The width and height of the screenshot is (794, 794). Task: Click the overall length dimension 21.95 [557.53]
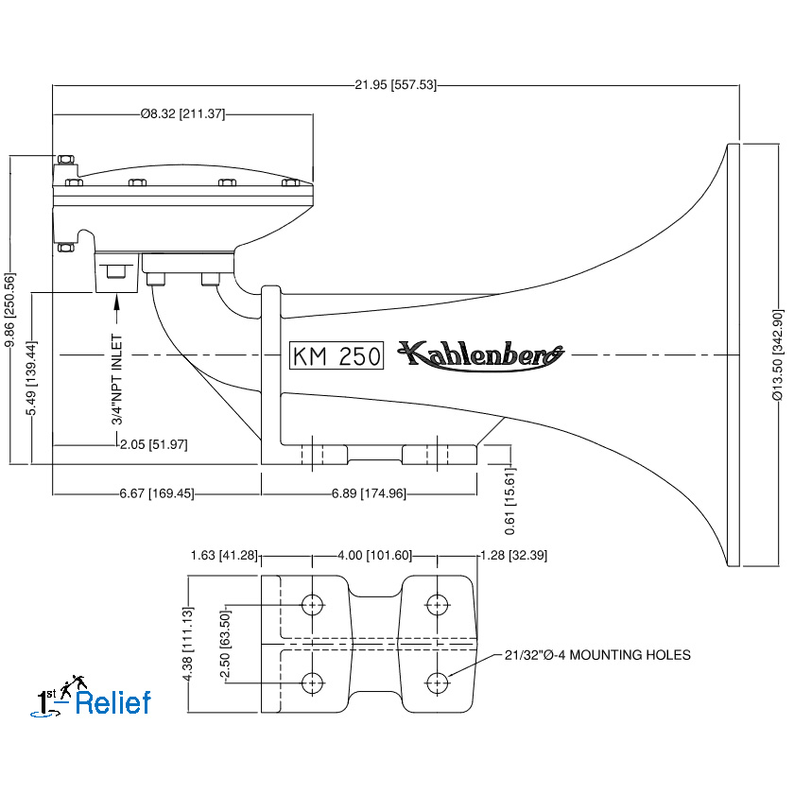click(395, 84)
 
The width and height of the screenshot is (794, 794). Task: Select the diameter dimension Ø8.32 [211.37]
click(182, 113)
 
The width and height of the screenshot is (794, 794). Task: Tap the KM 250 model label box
click(337, 355)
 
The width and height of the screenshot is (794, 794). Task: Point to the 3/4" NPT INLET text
click(117, 379)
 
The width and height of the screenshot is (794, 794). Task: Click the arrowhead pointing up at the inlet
click(117, 302)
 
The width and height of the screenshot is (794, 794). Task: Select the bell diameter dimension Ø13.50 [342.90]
click(777, 355)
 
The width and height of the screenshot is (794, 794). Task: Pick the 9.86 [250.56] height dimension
click(9, 310)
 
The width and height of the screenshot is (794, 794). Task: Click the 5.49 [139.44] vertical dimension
click(31, 378)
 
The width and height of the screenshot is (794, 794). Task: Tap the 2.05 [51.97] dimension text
click(153, 444)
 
